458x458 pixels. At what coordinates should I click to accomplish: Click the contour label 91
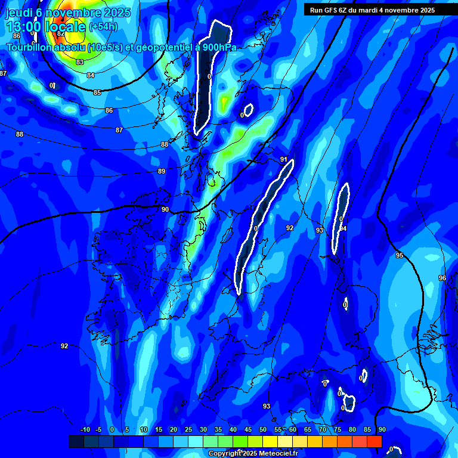(x=284, y=160)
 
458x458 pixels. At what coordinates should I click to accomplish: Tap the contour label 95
(x=400, y=255)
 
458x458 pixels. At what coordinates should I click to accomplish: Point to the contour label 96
(x=442, y=278)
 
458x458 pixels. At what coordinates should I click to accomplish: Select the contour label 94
(x=343, y=228)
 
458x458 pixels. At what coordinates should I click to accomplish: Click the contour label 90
(x=165, y=209)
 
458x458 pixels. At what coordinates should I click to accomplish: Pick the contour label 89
(x=161, y=171)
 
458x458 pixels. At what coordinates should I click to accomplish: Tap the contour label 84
(x=90, y=75)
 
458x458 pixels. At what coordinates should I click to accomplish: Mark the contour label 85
(x=97, y=92)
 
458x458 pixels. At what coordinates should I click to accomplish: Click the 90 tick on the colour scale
(x=382, y=430)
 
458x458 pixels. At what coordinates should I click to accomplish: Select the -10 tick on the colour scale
(x=85, y=430)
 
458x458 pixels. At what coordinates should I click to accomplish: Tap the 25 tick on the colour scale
(x=188, y=430)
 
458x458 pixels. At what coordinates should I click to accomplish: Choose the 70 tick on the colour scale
(x=322, y=430)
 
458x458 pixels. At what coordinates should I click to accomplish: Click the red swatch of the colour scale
(x=374, y=441)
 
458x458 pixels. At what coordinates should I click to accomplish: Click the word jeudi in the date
(x=19, y=13)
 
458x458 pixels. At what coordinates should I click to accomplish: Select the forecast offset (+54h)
(x=103, y=27)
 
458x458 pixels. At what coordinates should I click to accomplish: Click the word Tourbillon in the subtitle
(x=30, y=47)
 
